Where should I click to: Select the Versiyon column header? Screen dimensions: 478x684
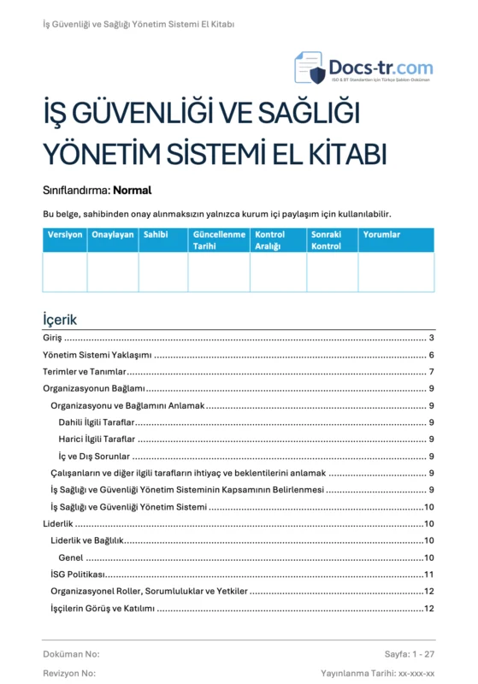pyautogui.click(x=65, y=234)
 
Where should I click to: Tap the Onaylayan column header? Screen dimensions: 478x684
pyautogui.click(x=113, y=234)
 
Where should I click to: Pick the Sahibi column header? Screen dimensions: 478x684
pyautogui.click(x=156, y=234)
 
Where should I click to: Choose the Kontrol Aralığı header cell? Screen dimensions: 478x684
pyautogui.click(x=270, y=240)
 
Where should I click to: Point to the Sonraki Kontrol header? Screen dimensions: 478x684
pyautogui.click(x=327, y=240)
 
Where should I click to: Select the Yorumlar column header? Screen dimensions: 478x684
pyautogui.click(x=381, y=234)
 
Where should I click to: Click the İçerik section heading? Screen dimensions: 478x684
pyautogui.click(x=60, y=319)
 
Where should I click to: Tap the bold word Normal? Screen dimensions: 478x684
pyautogui.click(x=132, y=191)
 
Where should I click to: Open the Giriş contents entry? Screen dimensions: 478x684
pyautogui.click(x=52, y=339)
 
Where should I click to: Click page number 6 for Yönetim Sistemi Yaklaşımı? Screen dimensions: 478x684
pyautogui.click(x=432, y=356)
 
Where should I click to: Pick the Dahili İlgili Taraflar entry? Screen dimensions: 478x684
pyautogui.click(x=97, y=422)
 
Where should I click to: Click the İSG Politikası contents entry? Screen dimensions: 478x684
pyautogui.click(x=78, y=574)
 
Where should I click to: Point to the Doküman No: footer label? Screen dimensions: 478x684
pyautogui.click(x=72, y=654)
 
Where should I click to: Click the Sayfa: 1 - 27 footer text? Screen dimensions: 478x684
pyautogui.click(x=410, y=654)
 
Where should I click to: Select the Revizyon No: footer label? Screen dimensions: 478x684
pyautogui.click(x=69, y=674)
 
